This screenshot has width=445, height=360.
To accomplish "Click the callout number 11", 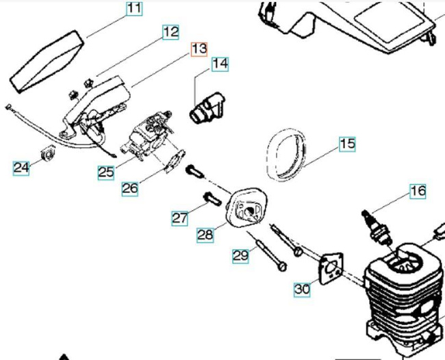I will [133, 9].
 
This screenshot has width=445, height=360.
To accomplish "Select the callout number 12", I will [170, 31].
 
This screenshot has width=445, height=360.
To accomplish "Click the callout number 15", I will [347, 144].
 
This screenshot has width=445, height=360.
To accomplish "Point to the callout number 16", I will [417, 191].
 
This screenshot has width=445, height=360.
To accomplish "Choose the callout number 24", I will [21, 167].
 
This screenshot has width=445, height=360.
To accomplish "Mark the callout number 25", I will [105, 172].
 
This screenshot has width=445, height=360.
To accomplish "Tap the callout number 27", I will [179, 218].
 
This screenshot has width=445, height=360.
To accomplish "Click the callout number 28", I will [205, 235].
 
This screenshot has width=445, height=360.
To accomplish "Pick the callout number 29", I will [240, 256].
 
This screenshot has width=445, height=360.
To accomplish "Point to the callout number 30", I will [302, 290].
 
